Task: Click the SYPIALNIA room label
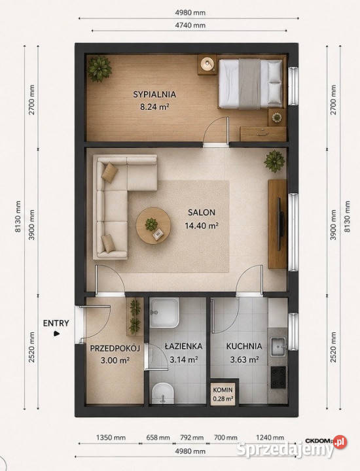(154, 94)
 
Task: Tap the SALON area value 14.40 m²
(202, 226)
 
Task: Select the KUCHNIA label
(244, 346)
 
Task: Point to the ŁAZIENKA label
(184, 346)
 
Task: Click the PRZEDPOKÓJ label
(115, 349)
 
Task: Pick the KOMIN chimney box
(223, 394)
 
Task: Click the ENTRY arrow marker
(56, 334)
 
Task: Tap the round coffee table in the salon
(153, 225)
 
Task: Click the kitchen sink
(278, 347)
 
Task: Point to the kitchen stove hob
(278, 377)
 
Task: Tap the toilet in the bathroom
(163, 393)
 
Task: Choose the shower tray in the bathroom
(164, 313)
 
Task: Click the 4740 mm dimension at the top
(190, 26)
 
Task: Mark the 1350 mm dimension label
(111, 438)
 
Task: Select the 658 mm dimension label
(158, 438)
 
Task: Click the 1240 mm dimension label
(270, 438)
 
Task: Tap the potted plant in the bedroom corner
(99, 69)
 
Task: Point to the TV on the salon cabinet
(281, 224)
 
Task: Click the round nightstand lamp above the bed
(207, 64)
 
